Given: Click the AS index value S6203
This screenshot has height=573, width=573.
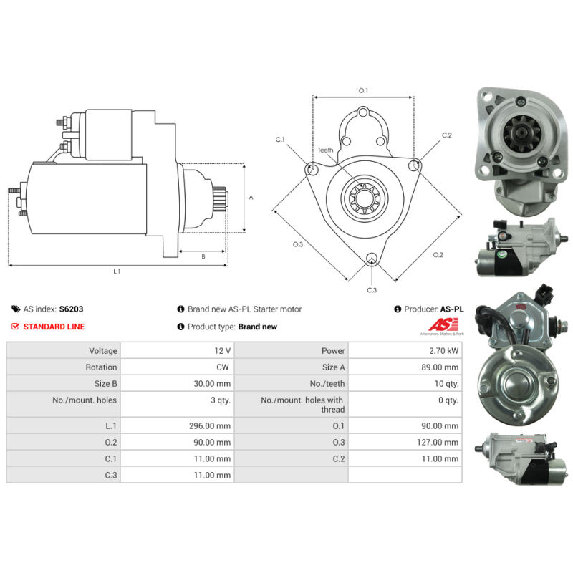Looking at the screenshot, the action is [x=71, y=309].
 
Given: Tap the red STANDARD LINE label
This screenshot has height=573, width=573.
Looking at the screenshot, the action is [x=54, y=327].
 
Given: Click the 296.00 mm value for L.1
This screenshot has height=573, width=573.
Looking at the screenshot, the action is [x=210, y=426].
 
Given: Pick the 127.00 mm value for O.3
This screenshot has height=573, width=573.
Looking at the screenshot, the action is [x=438, y=443].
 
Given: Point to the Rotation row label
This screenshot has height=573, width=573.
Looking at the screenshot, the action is [x=101, y=367].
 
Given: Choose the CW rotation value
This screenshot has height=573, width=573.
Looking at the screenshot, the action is [x=223, y=367].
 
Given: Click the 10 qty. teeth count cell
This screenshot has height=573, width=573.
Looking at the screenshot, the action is [x=446, y=384].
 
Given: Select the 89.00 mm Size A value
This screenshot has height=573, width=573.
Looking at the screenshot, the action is [x=440, y=367].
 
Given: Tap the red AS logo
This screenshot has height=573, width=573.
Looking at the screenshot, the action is [x=443, y=324].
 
